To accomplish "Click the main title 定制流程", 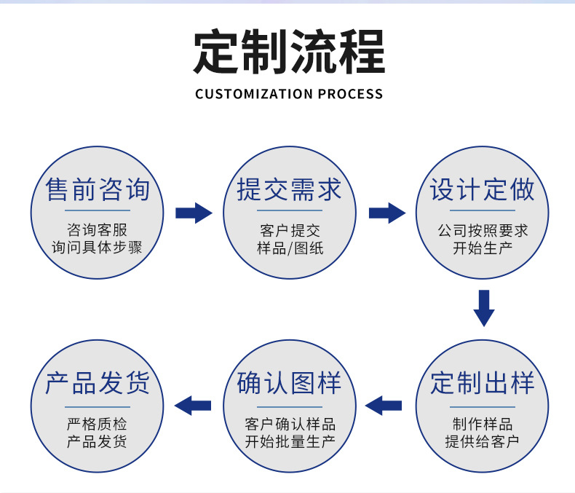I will point(288,52).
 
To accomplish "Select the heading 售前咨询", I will point(98,190).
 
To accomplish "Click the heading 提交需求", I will point(290,190).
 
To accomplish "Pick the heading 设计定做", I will point(482,190).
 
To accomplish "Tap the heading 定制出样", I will point(482,383).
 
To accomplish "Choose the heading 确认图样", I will point(290,383).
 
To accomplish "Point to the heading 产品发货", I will point(98,383).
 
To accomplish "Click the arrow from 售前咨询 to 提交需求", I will point(194,213).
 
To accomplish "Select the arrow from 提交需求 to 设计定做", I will point(386,213).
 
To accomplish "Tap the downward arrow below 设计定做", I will point(484,308).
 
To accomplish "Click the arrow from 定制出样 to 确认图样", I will point(384,405).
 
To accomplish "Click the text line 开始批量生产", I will point(290,441).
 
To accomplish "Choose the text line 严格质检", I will point(97,425).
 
